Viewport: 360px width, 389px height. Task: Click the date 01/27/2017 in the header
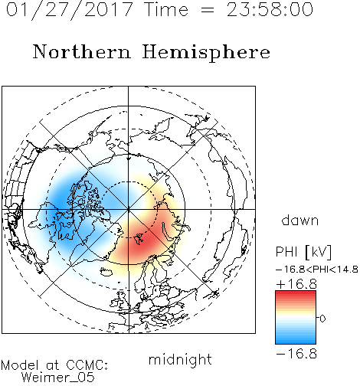[70, 9]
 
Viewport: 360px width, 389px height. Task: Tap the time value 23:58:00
[270, 9]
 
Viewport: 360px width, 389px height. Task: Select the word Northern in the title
[82, 51]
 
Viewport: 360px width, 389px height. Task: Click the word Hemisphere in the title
[206, 52]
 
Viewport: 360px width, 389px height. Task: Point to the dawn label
[300, 220]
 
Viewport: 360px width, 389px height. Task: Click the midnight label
[180, 359]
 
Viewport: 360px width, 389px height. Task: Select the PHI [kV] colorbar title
[304, 252]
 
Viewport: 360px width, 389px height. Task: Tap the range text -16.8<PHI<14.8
[317, 270]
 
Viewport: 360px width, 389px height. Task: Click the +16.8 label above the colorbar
[296, 284]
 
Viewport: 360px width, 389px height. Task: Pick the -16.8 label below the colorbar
[296, 354]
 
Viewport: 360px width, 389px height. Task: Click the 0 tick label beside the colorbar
[322, 319]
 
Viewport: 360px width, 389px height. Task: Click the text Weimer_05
[58, 378]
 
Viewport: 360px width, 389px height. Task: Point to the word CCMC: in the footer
[87, 365]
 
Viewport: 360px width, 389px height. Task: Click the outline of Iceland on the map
[106, 272]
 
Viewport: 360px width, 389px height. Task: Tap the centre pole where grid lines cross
[129, 210]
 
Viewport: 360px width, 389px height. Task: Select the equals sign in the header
[208, 11]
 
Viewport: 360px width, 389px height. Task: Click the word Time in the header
[166, 9]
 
